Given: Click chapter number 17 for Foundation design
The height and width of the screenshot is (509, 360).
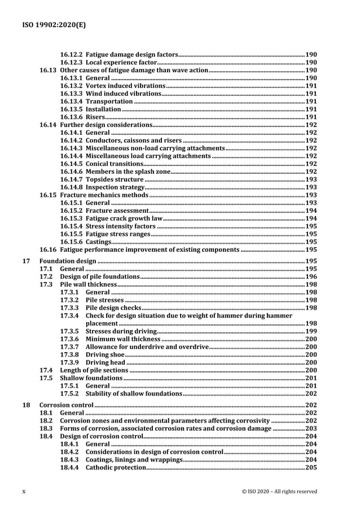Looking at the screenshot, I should coord(25,262).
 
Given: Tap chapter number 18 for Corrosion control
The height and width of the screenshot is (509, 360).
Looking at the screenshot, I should coord(25,405).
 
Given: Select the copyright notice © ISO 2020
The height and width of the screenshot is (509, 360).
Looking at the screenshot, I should coord(279,491).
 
